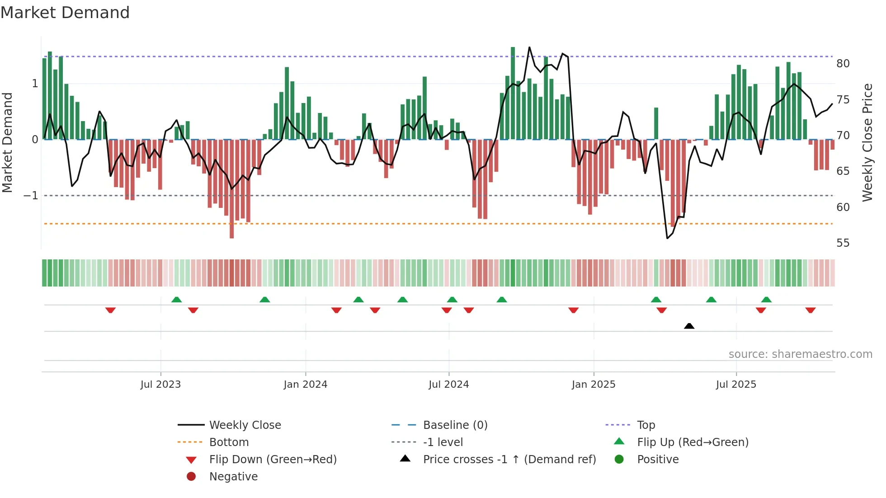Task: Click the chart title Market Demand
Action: point(65,13)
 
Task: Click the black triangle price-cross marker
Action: point(689,326)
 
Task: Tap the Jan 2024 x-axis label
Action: point(305,385)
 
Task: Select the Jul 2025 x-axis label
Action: point(736,385)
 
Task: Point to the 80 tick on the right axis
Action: point(843,64)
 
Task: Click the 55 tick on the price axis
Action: point(843,243)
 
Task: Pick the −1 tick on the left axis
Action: point(31,196)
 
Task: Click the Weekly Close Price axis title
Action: point(867,142)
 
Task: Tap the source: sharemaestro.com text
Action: point(800,354)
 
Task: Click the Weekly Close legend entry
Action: point(245,425)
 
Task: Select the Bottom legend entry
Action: point(229,442)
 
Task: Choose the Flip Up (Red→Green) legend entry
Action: point(693,442)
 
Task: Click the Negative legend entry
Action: point(233,477)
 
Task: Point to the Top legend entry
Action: point(646,425)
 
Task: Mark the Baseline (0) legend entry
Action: point(455,425)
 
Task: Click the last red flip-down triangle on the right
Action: point(810,310)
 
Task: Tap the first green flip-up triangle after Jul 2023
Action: point(177,300)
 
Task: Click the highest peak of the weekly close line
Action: point(529,47)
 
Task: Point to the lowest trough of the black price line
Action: point(667,238)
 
